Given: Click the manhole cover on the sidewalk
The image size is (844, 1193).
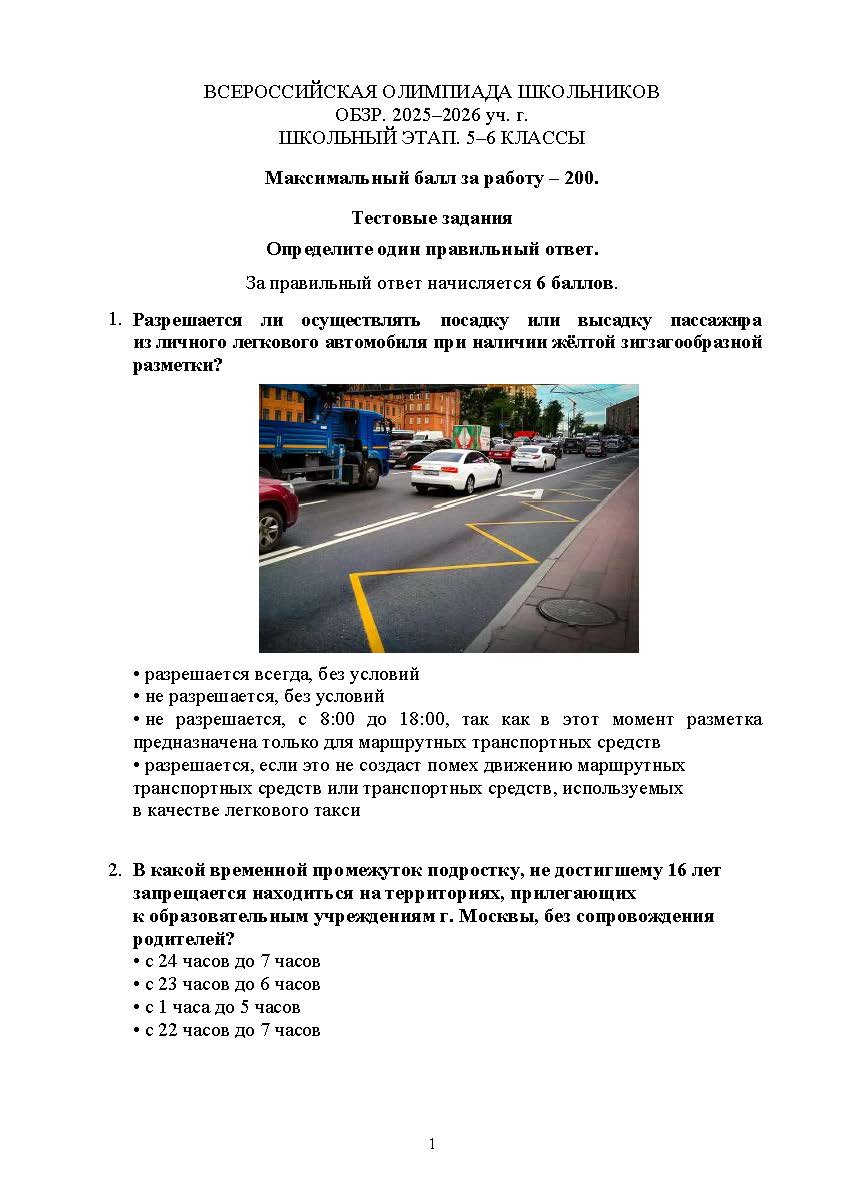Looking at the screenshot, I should coord(577,611).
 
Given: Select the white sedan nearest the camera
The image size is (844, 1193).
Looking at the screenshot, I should coord(456,470).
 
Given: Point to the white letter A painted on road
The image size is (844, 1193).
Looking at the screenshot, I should coord(533,492).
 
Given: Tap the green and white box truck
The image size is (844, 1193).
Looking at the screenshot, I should coord(472,437).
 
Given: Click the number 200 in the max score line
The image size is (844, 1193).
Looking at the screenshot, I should coord(579,179).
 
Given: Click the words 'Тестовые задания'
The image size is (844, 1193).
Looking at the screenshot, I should coord(432,218).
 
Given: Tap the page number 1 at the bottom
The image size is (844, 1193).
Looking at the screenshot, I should coord(432,1144).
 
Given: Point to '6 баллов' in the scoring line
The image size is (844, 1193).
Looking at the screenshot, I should coord(575,283).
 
